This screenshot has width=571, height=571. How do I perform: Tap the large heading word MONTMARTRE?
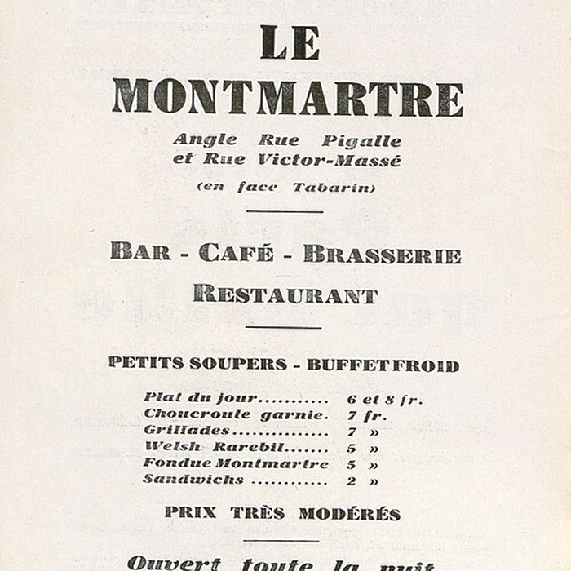[x=287, y=97]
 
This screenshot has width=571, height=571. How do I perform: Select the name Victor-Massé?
[x=339, y=161]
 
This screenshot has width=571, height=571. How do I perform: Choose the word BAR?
[x=140, y=253]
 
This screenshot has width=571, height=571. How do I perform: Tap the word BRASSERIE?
[x=382, y=254]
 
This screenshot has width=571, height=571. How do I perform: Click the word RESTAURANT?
[x=285, y=294]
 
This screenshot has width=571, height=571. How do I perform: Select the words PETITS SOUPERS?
[x=197, y=364]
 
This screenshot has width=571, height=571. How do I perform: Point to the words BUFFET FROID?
[x=383, y=365]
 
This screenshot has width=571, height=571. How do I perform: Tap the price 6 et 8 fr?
[x=385, y=399]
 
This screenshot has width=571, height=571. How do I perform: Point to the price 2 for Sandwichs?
[x=351, y=480]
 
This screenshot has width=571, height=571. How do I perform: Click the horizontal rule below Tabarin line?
[x=285, y=212]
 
